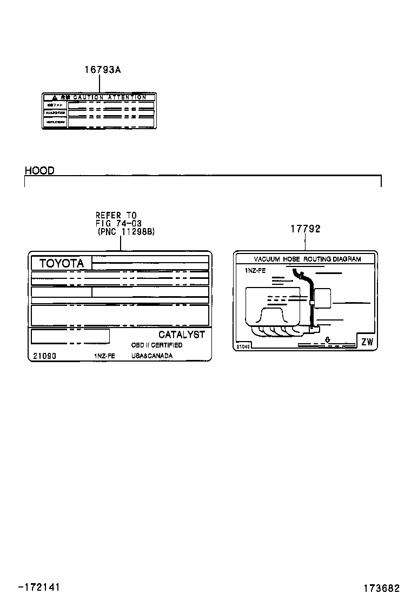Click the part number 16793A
tap(102, 70)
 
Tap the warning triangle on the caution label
tap(55, 97)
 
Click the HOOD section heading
tap(39, 171)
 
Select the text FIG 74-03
tap(118, 223)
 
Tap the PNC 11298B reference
tap(127, 231)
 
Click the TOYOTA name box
tap(62, 263)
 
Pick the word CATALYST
tap(182, 335)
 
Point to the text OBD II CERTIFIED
tap(157, 345)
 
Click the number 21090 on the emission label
tap(44, 356)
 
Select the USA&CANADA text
tap(152, 356)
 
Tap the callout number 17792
tap(306, 229)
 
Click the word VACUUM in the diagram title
tap(267, 259)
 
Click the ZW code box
tap(367, 342)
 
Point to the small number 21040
tap(243, 346)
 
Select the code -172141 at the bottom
tap(39, 587)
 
